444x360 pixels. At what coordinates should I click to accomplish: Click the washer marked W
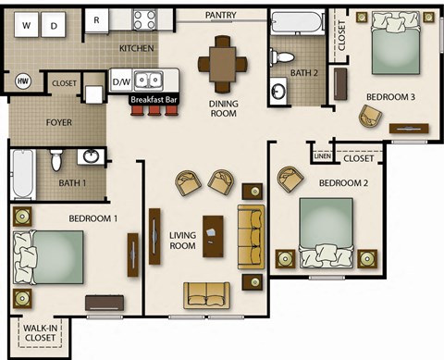26,27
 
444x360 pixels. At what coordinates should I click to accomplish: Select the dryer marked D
55,27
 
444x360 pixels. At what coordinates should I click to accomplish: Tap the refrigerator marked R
97,19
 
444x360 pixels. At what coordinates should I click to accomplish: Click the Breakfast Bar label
154,99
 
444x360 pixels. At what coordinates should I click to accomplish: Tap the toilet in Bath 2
284,56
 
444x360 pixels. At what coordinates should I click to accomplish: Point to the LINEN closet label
321,156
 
